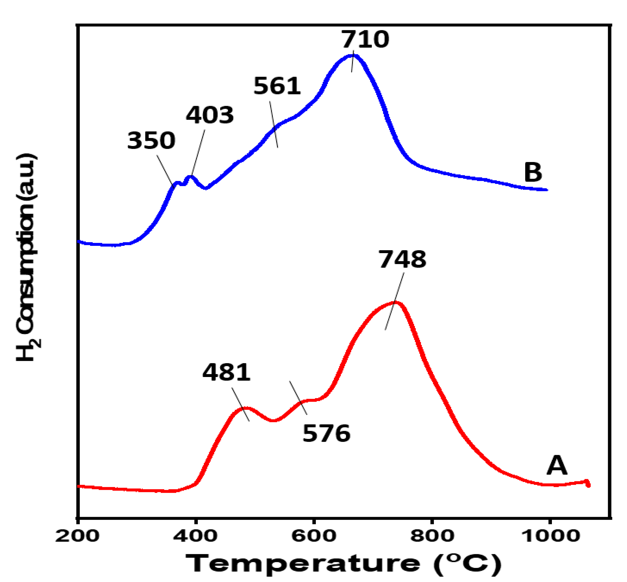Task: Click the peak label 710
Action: (365, 40)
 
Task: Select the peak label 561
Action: (277, 86)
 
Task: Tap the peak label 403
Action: (210, 115)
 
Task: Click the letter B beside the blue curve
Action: (533, 172)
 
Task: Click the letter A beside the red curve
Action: (556, 465)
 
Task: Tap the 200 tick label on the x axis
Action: (77, 536)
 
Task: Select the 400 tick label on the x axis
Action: (195, 536)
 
